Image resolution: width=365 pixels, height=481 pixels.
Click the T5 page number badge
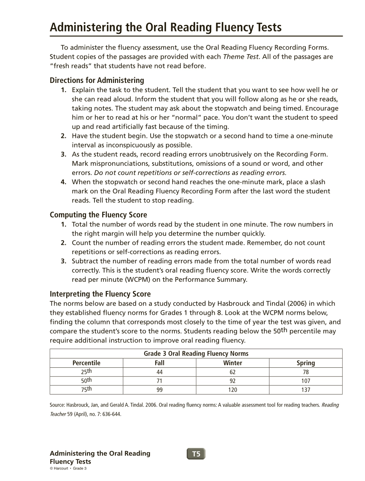click(x=196, y=454)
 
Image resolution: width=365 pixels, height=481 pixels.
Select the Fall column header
click(x=159, y=363)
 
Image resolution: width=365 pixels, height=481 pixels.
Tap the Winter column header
click(x=232, y=363)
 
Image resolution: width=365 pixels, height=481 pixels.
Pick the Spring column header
click(x=305, y=363)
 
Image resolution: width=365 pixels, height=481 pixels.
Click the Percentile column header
click(x=86, y=363)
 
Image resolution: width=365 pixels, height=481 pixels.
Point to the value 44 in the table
click(x=159, y=372)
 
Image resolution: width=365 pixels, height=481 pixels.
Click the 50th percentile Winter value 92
click(x=232, y=381)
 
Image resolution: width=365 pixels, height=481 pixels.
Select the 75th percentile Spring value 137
click(x=305, y=390)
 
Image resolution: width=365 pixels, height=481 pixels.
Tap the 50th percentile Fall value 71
click(x=159, y=381)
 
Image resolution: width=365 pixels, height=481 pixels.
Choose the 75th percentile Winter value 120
click(x=232, y=390)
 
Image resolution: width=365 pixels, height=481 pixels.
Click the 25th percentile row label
click(x=86, y=372)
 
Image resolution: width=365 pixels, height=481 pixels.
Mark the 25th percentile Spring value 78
click(x=305, y=372)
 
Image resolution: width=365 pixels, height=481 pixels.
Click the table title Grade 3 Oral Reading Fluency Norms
click(x=196, y=354)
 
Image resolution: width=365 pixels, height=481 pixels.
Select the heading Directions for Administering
click(x=97, y=80)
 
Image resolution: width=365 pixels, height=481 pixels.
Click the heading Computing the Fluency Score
click(x=98, y=215)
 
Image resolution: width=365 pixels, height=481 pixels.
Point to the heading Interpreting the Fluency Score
click(x=100, y=294)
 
